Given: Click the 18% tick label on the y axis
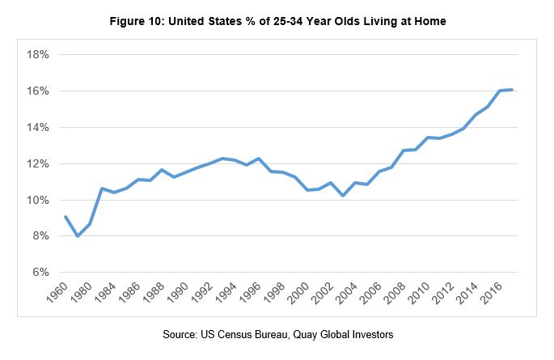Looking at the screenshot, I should pyautogui.click(x=37, y=55).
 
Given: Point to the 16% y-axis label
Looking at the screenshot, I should pyautogui.click(x=37, y=91).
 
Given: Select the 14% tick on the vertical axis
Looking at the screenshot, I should pyautogui.click(x=37, y=128).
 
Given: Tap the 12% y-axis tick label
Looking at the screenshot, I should pyautogui.click(x=37, y=164).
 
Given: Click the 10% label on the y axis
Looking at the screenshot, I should pyautogui.click(x=37, y=201).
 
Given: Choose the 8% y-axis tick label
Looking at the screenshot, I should pyautogui.click(x=40, y=236).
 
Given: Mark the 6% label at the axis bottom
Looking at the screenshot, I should pyautogui.click(x=40, y=273).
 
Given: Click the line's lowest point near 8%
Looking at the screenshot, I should pyautogui.click(x=78, y=235).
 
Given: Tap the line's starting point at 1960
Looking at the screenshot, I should pyautogui.click(x=66, y=217).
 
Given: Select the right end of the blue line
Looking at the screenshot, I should pyautogui.click(x=512, y=90).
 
